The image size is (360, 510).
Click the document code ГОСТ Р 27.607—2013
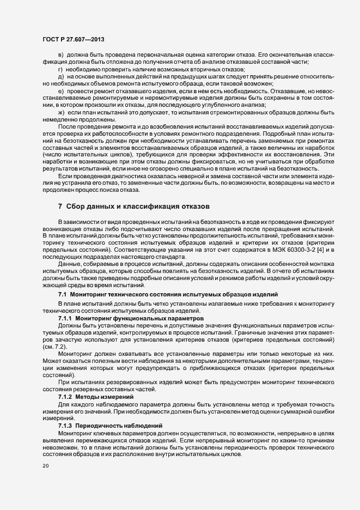pyautogui.click(x=73, y=39)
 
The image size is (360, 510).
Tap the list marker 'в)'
pyautogui.click(x=61, y=56)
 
